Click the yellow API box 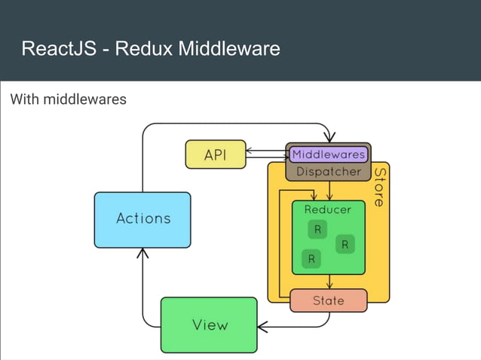(215, 154)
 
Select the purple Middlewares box (328, 154)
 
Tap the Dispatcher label (328, 172)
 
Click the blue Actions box (142, 219)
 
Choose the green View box (209, 325)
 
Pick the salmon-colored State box (328, 301)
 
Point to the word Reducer (328, 209)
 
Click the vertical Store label (379, 186)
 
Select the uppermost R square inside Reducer (317, 230)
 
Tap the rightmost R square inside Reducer (345, 244)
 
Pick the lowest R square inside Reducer (311, 259)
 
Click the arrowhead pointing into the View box (262, 327)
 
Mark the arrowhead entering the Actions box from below (142, 253)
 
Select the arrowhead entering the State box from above (329, 285)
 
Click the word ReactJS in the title (57, 49)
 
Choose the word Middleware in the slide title (228, 49)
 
